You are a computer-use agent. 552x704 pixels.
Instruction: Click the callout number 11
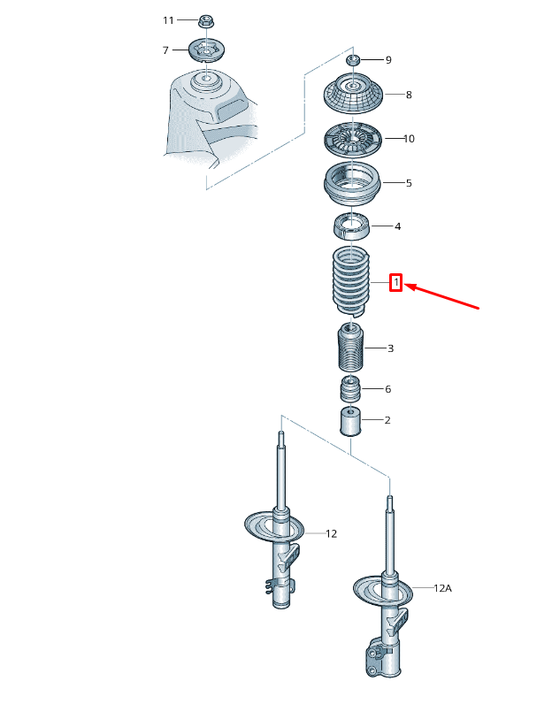168,20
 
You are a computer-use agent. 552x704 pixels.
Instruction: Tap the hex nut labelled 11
207,20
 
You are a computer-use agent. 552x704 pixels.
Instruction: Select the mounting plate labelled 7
206,50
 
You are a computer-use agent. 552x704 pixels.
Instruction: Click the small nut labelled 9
354,59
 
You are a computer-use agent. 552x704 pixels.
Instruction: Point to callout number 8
409,95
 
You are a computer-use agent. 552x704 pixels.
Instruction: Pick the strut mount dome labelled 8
353,93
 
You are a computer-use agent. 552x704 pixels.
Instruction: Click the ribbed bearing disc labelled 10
353,139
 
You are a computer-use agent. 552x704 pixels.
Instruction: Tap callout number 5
409,183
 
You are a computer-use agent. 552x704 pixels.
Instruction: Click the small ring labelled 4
352,226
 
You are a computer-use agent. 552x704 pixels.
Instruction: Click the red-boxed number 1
395,283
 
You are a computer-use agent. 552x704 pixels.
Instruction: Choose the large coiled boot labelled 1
351,279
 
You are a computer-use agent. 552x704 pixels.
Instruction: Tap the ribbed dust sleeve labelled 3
351,347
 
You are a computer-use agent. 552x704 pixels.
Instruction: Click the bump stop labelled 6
350,390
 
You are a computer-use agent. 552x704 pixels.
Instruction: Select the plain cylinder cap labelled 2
351,421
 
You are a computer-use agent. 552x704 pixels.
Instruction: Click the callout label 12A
443,588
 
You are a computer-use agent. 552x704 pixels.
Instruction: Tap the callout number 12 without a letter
331,534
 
